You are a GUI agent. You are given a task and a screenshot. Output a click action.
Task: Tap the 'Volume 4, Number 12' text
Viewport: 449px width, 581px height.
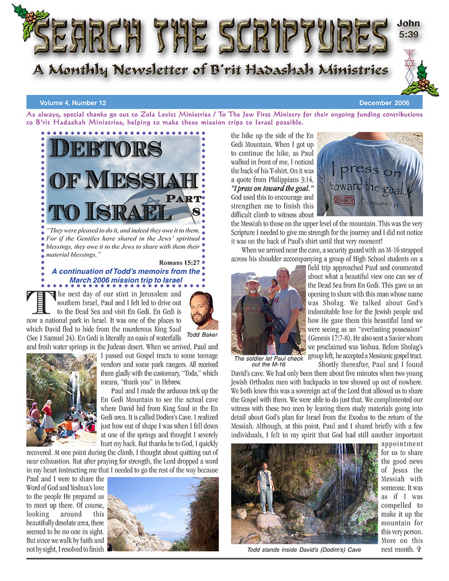click(x=72, y=103)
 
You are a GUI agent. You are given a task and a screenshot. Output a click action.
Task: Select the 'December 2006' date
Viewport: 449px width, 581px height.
click(x=384, y=103)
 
